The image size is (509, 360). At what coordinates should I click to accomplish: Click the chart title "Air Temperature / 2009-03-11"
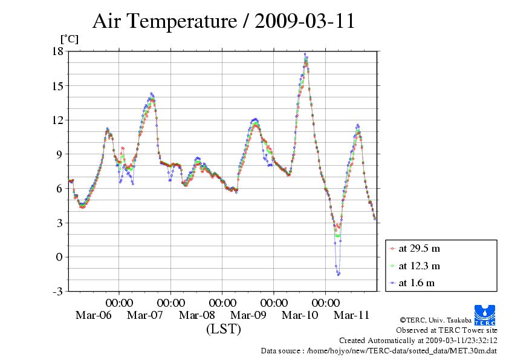point(223,21)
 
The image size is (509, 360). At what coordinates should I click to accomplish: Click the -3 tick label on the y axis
point(57,292)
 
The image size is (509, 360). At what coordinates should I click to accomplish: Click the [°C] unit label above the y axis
point(68,39)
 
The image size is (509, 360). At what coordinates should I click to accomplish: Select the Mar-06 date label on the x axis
point(93,315)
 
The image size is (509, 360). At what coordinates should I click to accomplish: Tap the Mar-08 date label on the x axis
point(197,315)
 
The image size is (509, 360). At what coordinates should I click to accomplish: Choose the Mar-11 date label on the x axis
point(352,315)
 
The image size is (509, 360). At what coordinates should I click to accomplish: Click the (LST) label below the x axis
point(223,329)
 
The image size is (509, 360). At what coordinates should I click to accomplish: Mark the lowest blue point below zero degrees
point(338,275)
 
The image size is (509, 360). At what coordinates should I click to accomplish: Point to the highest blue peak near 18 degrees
point(305,54)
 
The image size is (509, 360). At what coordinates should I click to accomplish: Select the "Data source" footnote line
point(378,350)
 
